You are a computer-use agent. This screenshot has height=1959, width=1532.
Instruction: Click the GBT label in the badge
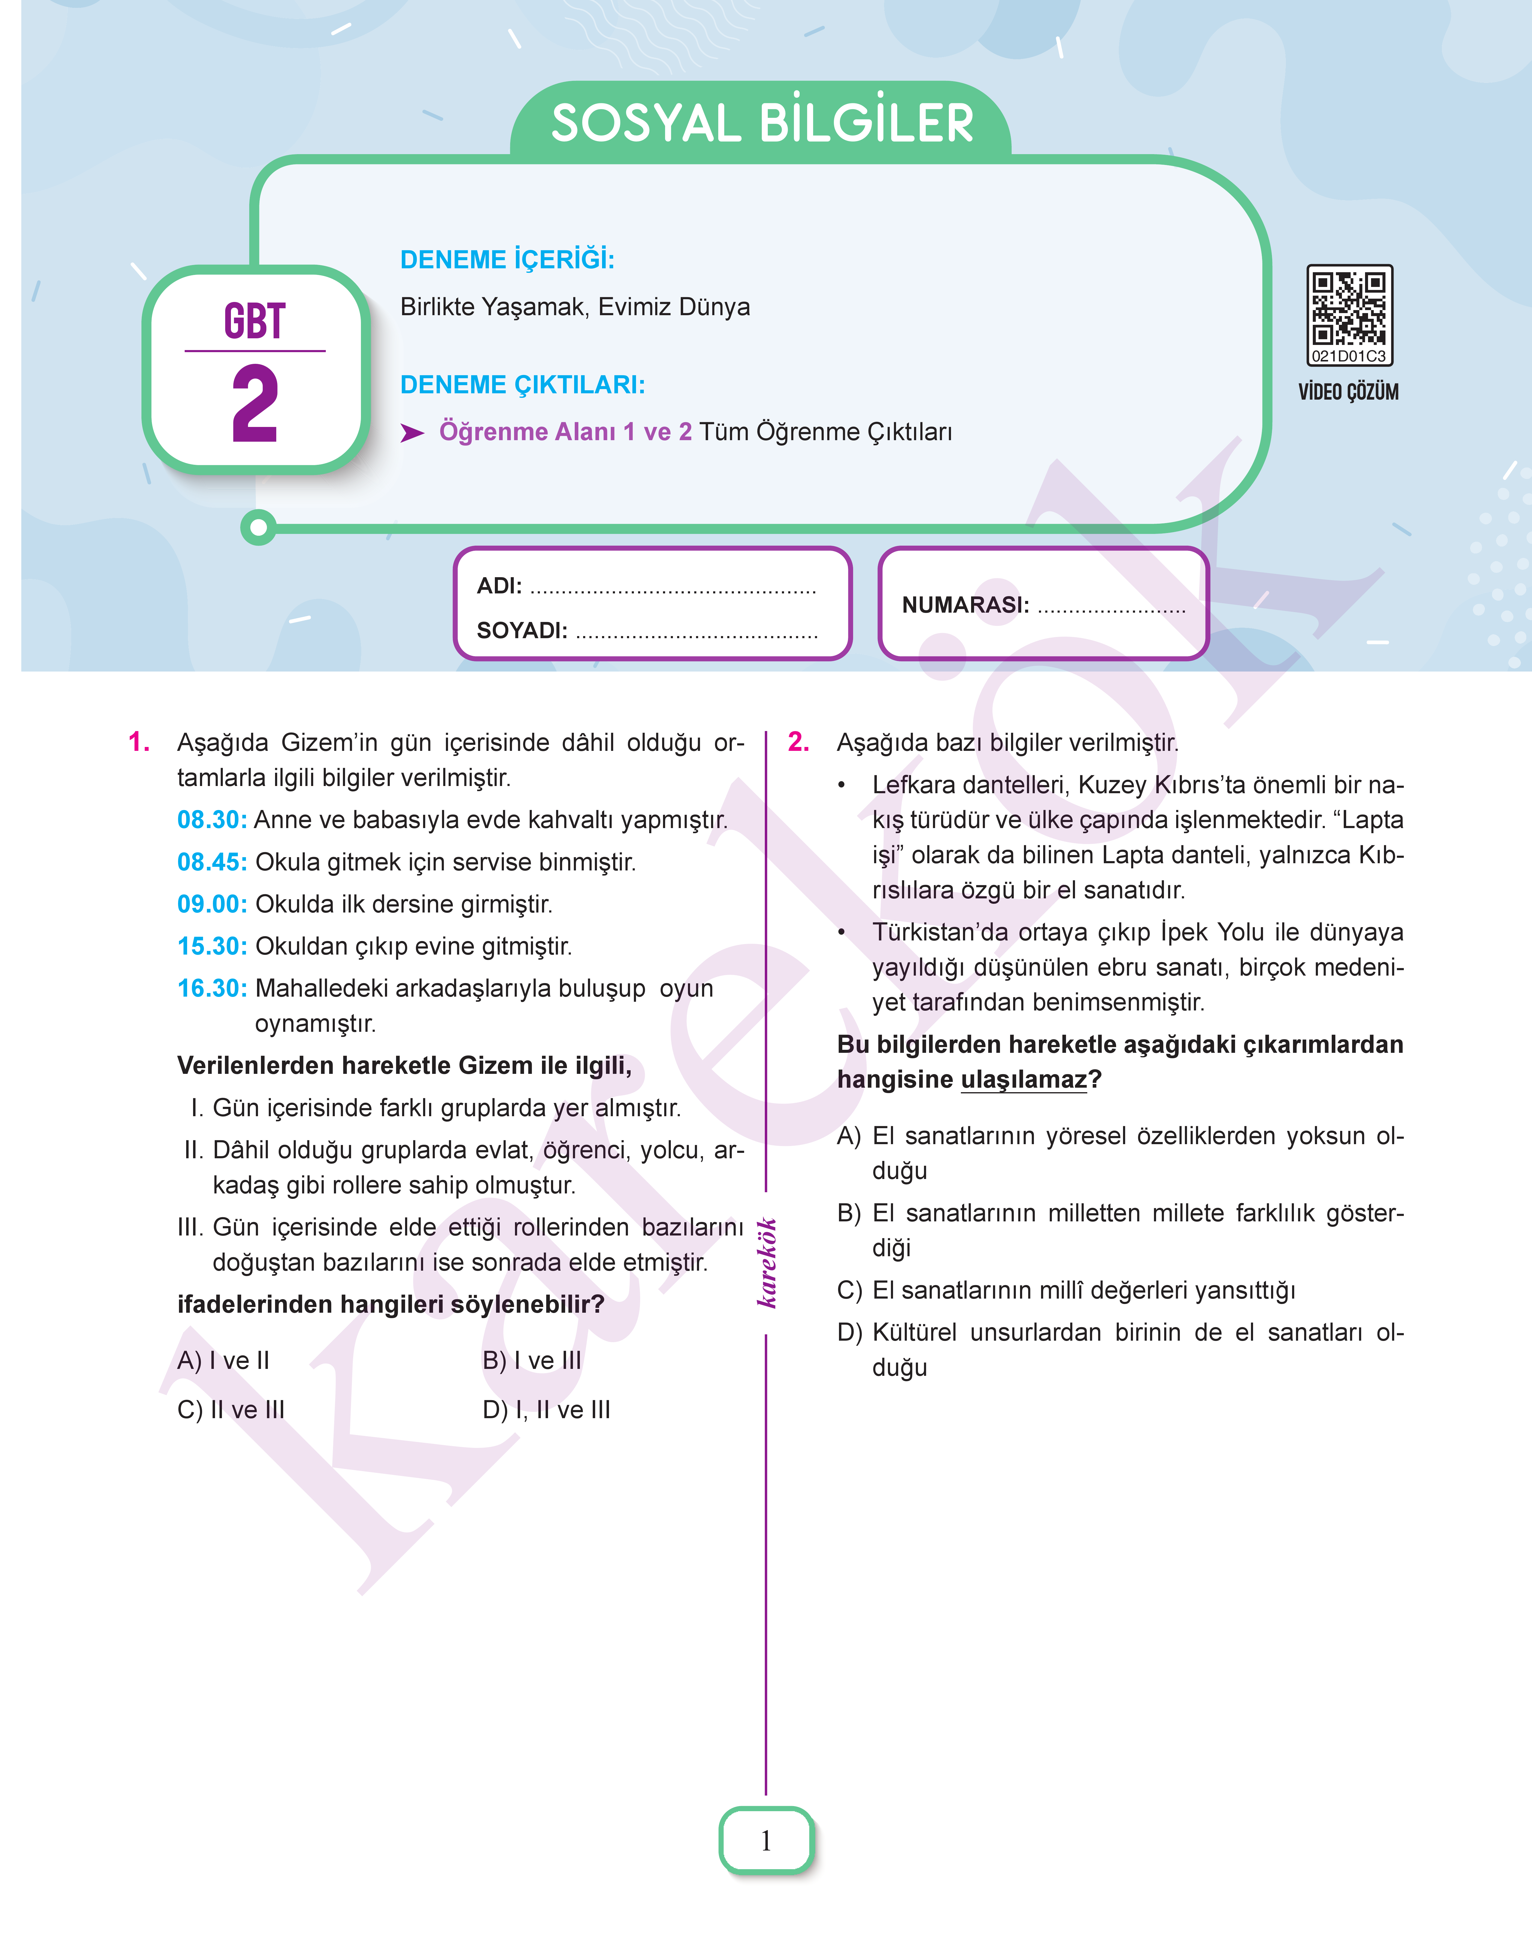255,321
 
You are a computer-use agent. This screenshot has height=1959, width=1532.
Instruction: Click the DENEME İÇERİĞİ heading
507,260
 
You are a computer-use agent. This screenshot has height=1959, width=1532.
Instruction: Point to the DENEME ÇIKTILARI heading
522,385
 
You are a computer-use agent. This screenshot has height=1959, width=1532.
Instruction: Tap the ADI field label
499,586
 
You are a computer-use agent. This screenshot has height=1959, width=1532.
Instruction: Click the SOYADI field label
521,631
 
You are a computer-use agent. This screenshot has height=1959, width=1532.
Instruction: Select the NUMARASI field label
965,605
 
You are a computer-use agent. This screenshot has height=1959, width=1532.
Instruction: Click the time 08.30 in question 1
212,819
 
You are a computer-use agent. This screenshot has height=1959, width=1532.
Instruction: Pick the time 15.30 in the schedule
212,946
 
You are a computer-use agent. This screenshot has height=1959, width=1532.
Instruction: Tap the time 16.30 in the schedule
212,988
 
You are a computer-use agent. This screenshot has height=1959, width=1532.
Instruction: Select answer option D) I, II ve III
546,1410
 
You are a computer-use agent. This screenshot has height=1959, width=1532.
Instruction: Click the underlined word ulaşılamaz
1023,1080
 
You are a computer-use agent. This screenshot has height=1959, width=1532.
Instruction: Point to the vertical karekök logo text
766,1263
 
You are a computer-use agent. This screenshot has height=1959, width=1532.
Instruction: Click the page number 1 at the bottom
766,1841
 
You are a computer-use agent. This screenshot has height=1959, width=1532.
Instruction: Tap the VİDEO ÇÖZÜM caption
1348,392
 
